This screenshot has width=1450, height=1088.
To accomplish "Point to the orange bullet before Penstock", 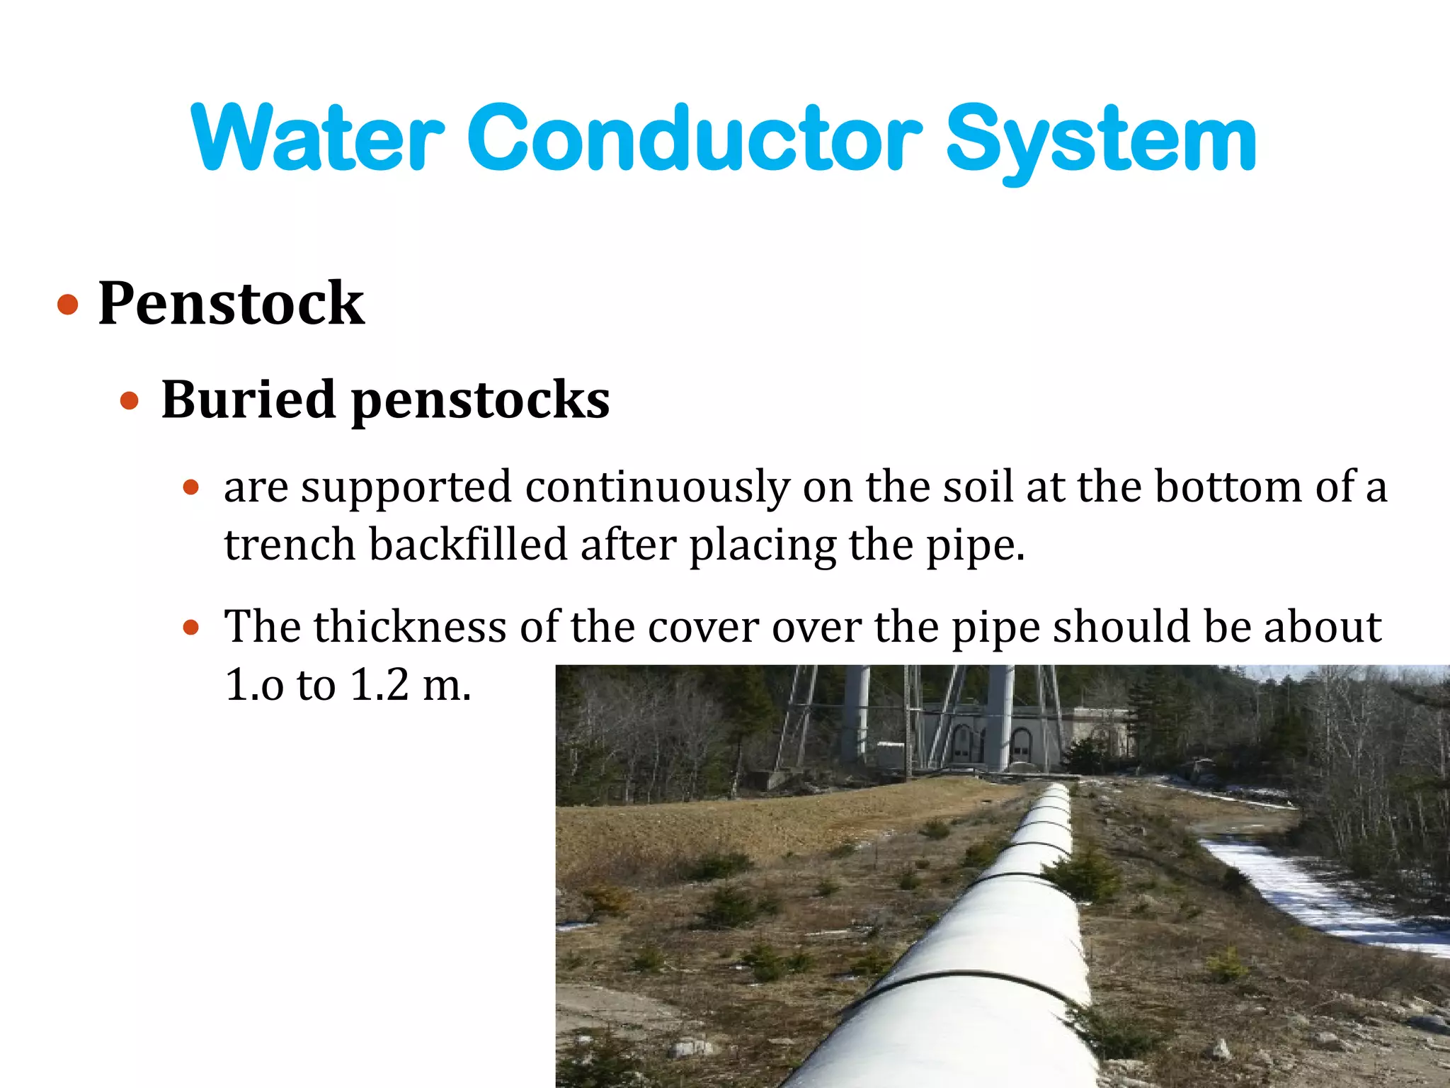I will tap(68, 305).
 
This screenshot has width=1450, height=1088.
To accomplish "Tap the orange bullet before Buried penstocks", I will tap(130, 402).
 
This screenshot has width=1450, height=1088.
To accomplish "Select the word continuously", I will tap(657, 488).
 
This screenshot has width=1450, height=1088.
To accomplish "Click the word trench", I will tap(290, 545).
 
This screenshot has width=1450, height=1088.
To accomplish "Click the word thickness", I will tap(410, 627).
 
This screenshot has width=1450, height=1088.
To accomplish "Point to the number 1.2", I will tap(379, 685).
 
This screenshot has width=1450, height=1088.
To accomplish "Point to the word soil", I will tap(978, 487).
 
